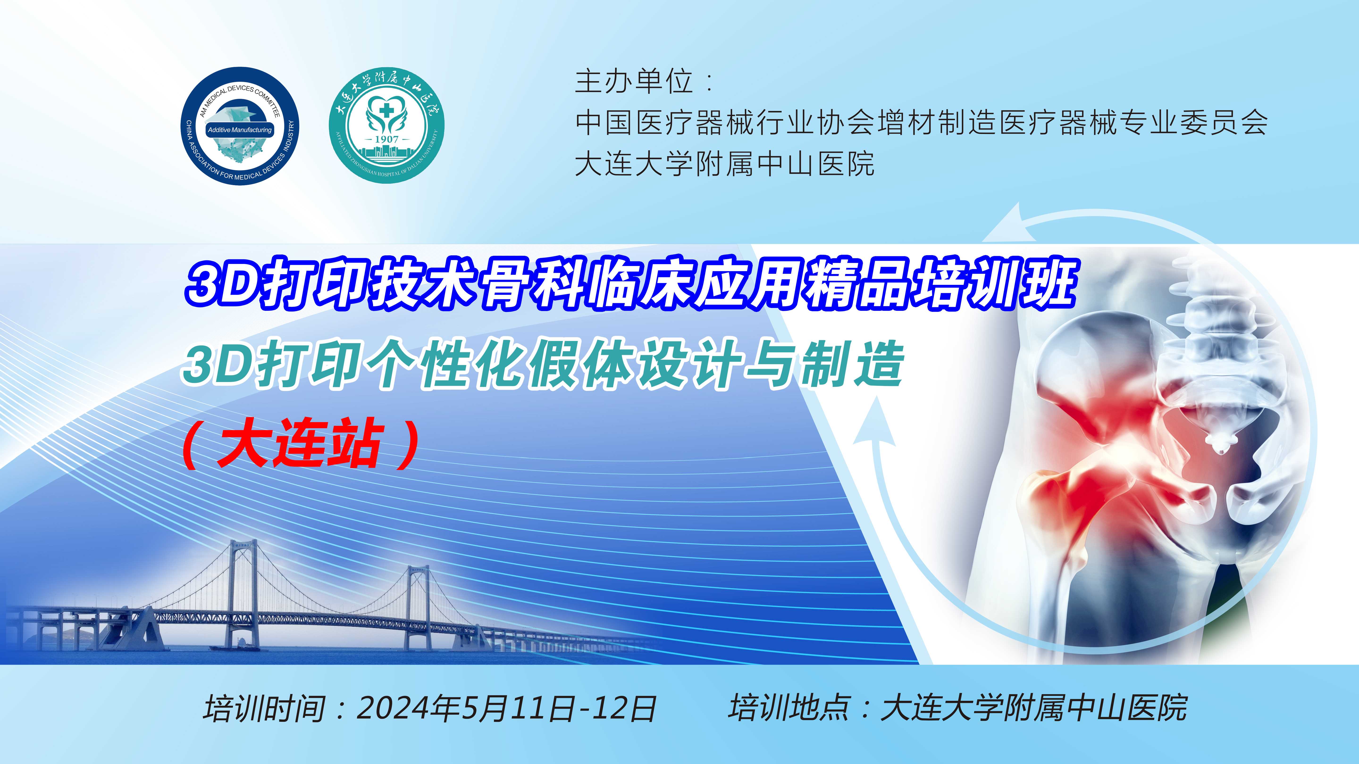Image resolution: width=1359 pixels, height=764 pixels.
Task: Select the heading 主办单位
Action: (633, 82)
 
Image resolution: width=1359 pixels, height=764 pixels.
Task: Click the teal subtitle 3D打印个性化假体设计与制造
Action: (543, 365)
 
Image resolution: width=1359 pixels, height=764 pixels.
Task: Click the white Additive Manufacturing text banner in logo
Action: (240, 130)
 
